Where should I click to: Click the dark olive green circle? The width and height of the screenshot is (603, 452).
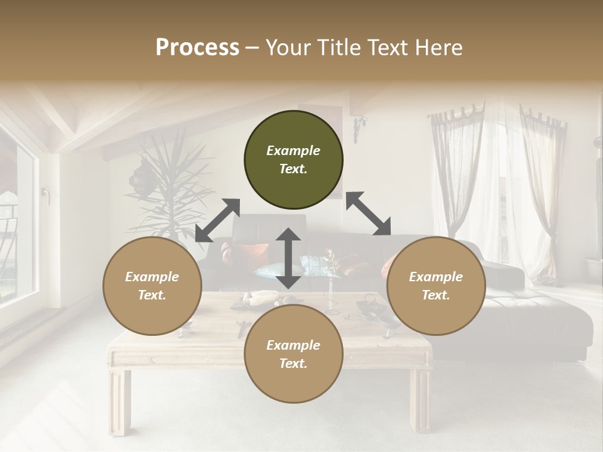(293, 160)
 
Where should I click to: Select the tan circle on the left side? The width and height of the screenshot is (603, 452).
(152, 286)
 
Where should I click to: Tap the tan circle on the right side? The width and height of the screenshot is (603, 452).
(436, 286)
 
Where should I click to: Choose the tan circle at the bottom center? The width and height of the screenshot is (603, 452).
(293, 355)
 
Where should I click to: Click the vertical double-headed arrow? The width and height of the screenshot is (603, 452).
(288, 259)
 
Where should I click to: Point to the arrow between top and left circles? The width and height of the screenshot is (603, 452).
(217, 220)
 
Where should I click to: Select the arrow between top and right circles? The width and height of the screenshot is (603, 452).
(368, 213)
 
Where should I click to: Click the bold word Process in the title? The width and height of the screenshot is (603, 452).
(197, 47)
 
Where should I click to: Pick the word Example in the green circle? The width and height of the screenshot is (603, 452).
(293, 151)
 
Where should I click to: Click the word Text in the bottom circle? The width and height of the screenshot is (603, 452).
(292, 364)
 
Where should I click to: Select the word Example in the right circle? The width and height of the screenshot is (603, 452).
(436, 277)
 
